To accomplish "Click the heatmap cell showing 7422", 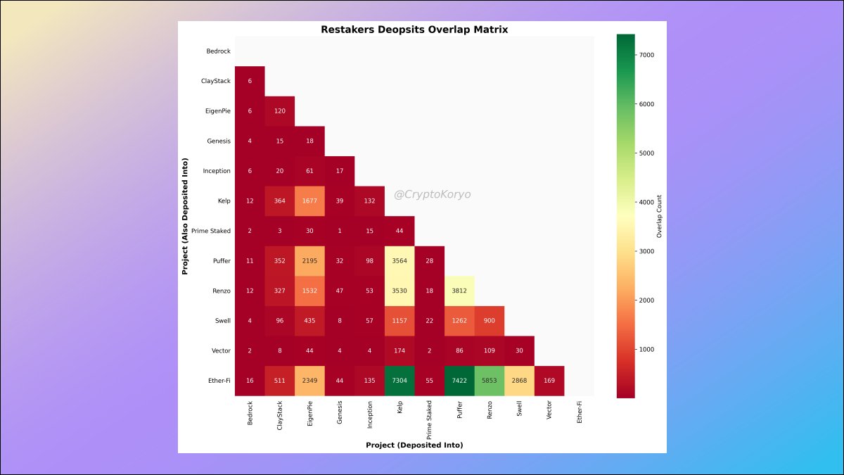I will point(459,381).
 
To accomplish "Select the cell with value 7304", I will point(399,381).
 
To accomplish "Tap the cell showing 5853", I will point(490,381).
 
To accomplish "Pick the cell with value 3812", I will point(459,291).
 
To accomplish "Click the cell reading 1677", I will point(309,201).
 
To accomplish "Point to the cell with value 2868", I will point(519,381).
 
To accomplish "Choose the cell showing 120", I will point(280,111).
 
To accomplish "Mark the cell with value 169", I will point(549,381).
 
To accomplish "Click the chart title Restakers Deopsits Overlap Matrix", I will point(414,30).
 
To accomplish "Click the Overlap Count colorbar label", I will point(660,216).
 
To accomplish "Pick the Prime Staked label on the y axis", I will point(211,231).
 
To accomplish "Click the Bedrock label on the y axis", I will point(218,51).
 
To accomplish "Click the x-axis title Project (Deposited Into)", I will point(414,445).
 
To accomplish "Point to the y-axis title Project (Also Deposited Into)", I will point(186,216).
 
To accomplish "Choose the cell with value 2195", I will point(309,261).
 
